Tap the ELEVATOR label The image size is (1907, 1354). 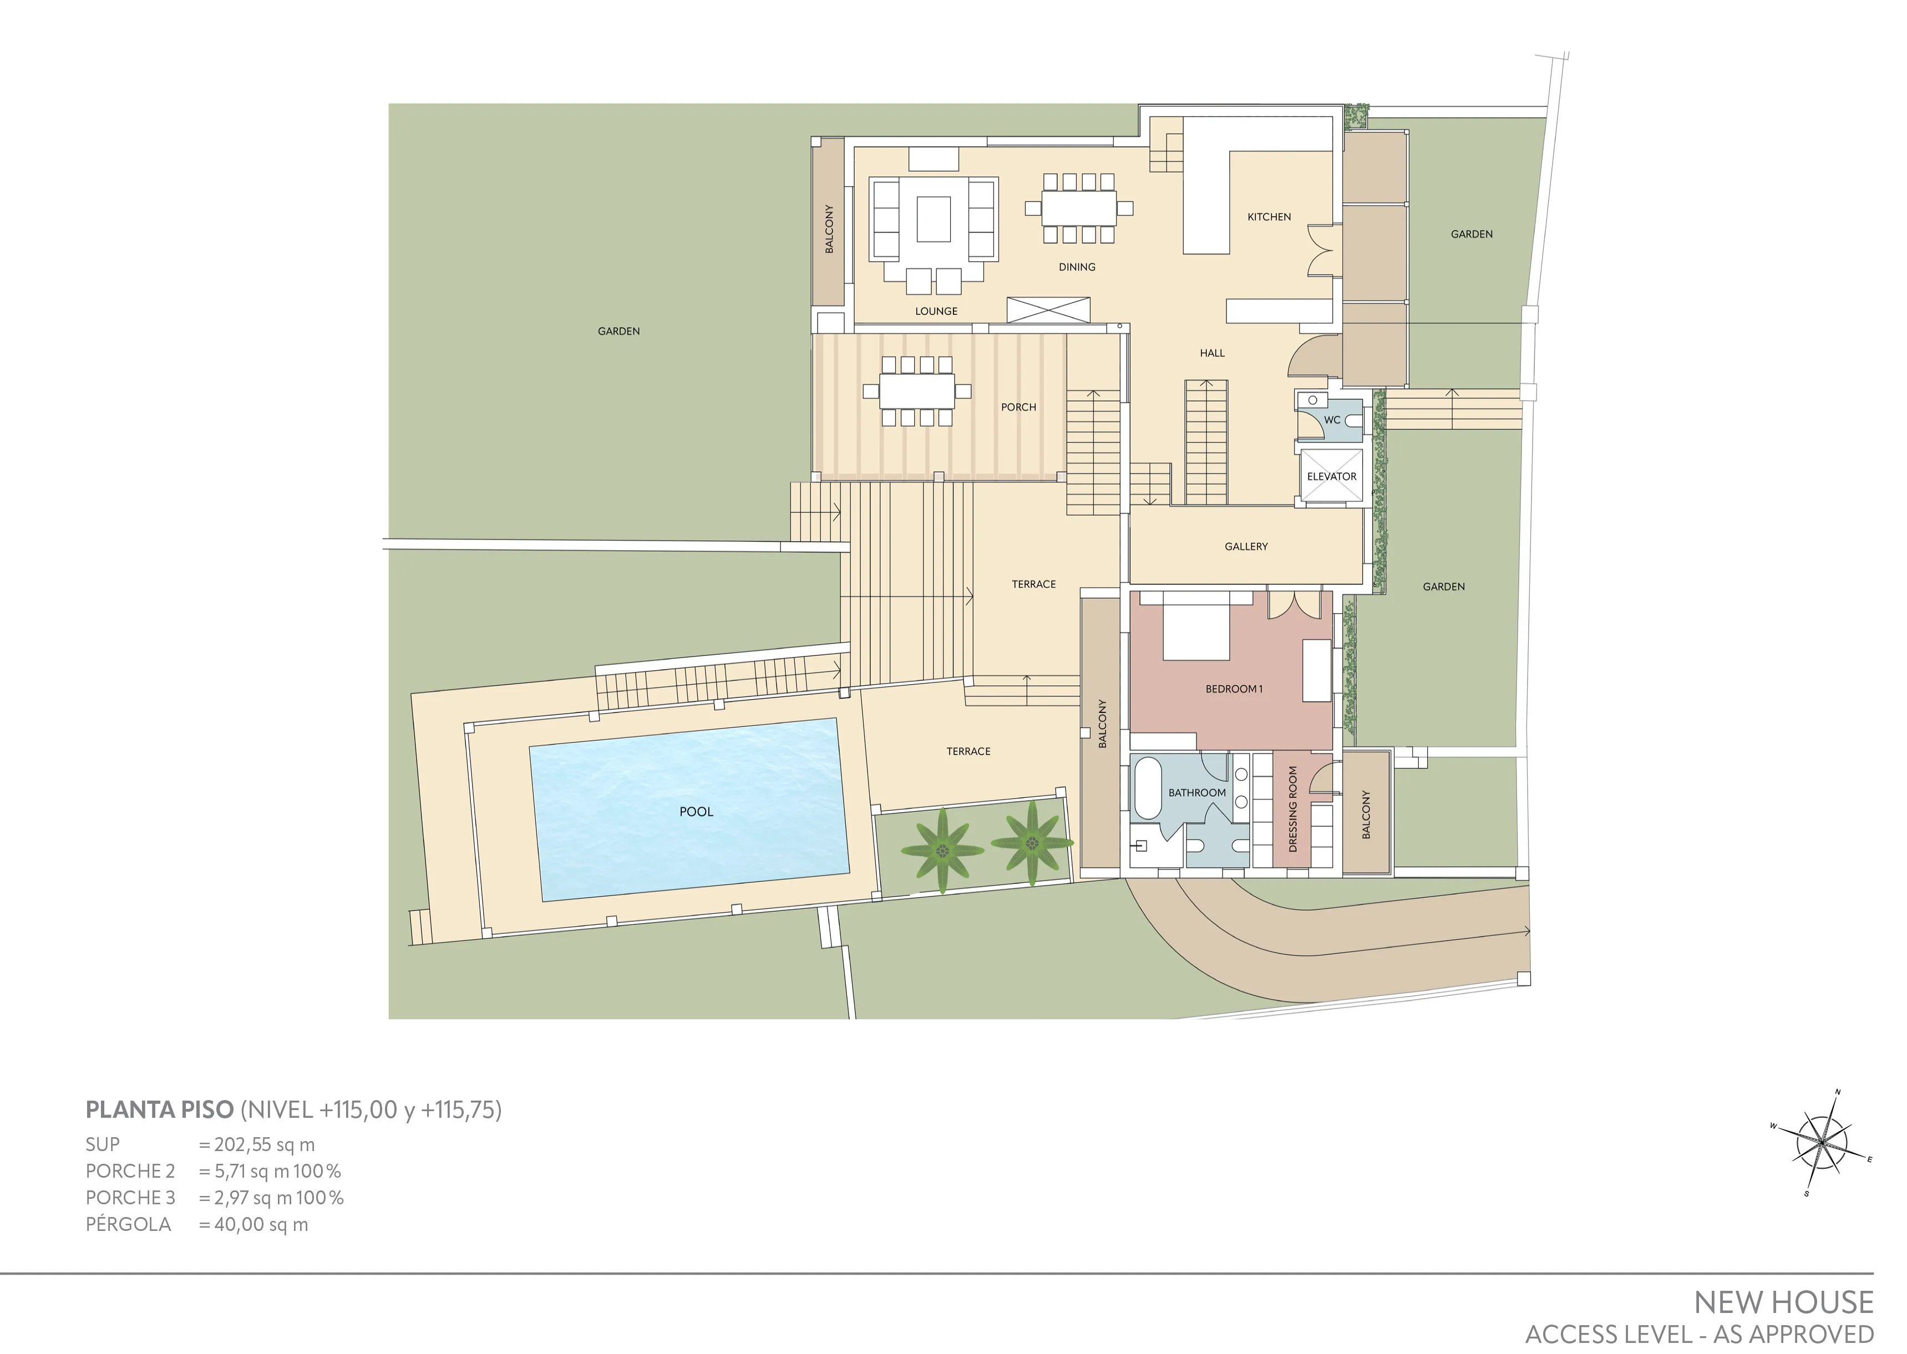[x=1332, y=477]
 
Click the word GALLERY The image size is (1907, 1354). [x=1246, y=547]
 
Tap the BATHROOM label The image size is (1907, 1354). [x=1196, y=793]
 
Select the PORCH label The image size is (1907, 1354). [x=1018, y=408]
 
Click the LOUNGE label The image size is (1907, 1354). [x=936, y=312]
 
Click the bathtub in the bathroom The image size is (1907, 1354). [x=1147, y=788]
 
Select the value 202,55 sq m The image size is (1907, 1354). [x=265, y=1145]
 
